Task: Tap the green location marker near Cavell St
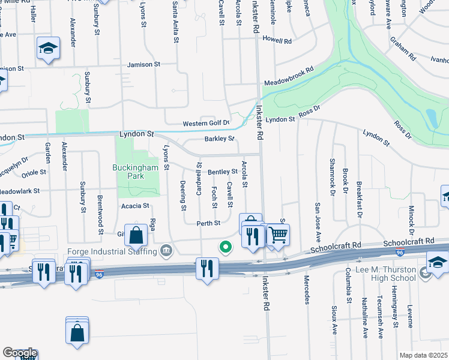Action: click(226, 247)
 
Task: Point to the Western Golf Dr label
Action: click(206, 123)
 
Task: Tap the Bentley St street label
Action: click(223, 172)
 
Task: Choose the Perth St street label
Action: click(208, 223)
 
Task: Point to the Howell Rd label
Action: click(277, 41)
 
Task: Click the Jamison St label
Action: click(144, 64)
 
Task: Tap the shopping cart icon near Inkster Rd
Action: click(277, 235)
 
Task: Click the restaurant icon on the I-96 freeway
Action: click(207, 268)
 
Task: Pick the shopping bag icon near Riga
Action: click(137, 235)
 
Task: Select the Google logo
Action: click(19, 353)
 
